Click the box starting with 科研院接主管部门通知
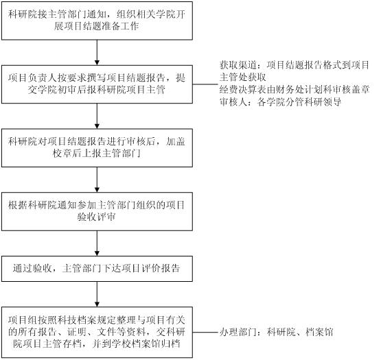97,21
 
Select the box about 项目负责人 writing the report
97,84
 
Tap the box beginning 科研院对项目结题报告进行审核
97,148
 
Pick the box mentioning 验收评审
97,211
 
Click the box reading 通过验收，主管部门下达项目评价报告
97,269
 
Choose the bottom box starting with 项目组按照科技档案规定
97,333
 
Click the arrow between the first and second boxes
97,53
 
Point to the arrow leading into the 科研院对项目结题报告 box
97,117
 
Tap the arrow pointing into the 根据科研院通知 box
97,180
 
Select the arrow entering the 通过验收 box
97,243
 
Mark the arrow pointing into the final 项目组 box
97,294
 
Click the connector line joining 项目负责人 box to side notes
205,84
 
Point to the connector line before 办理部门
205,332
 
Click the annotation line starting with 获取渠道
295,65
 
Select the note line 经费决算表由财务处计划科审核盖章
295,90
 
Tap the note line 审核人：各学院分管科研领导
280,102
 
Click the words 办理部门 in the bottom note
238,332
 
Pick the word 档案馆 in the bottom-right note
319,332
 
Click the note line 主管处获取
243,77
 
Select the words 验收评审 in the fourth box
97,217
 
